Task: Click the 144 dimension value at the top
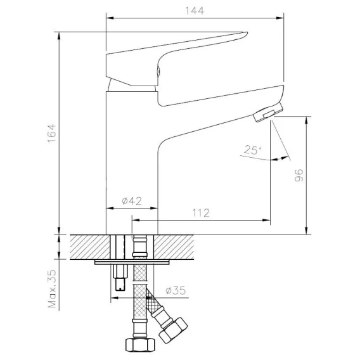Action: point(195,11)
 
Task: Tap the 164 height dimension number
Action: point(52,133)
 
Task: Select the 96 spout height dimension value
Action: point(299,176)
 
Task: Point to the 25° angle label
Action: point(252,150)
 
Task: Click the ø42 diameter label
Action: point(132,201)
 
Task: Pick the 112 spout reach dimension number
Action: point(201,213)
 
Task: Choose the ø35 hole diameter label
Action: point(176,291)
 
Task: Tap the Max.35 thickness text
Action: point(52,289)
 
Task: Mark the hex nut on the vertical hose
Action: point(140,345)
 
